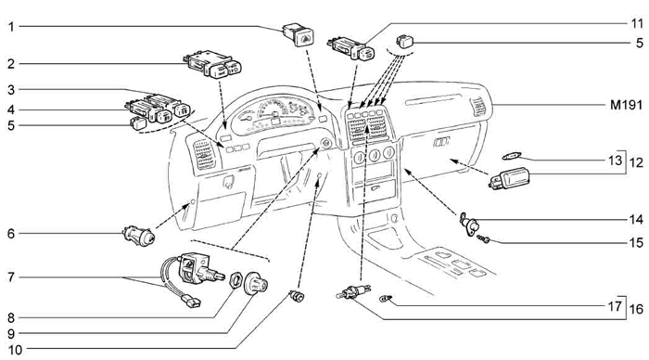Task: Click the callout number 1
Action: click(x=11, y=27)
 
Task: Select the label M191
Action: click(x=626, y=105)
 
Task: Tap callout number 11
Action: click(x=637, y=23)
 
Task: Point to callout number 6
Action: click(x=11, y=234)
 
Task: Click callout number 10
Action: click(x=15, y=350)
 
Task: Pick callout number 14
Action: click(x=637, y=219)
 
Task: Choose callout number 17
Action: click(x=615, y=306)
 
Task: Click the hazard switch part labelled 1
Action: click(x=298, y=35)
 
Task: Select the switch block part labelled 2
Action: click(x=212, y=64)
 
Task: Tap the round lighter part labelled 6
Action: click(x=140, y=236)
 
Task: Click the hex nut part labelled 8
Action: click(x=235, y=280)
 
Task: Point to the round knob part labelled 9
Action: click(x=256, y=284)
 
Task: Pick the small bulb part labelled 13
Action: click(x=512, y=156)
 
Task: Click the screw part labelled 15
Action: click(x=483, y=239)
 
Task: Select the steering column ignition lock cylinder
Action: click(x=325, y=144)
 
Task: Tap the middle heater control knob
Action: click(x=375, y=155)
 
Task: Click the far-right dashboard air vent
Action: click(x=478, y=108)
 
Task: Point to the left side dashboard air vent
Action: click(x=204, y=154)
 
